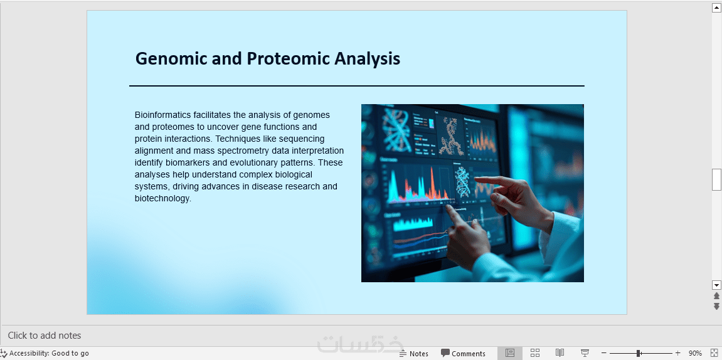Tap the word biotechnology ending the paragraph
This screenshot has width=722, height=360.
click(162, 198)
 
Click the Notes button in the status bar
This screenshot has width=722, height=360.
click(413, 354)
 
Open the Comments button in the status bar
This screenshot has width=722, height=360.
click(463, 354)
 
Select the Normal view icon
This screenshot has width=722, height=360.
click(510, 353)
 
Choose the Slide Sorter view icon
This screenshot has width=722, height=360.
click(534, 353)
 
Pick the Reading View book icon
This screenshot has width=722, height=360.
click(560, 353)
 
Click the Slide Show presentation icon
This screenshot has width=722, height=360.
click(585, 353)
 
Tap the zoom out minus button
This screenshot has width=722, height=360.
click(604, 353)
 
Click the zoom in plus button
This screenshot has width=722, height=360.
click(678, 353)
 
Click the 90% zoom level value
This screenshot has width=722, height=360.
click(695, 354)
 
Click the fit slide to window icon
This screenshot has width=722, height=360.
click(715, 353)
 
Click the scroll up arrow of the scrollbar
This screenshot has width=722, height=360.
click(716, 8)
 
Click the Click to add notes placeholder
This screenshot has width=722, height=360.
click(45, 336)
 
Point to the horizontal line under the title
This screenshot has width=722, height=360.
click(357, 86)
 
